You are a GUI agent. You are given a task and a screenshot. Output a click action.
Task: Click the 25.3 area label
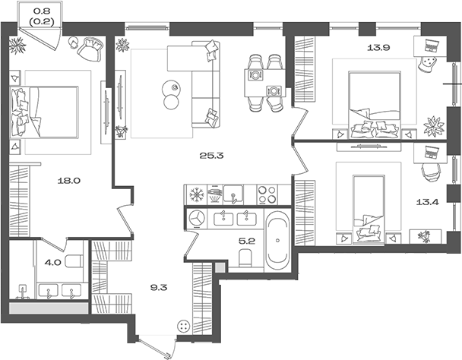(211, 155)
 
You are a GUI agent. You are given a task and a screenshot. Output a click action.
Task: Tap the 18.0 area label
(69, 181)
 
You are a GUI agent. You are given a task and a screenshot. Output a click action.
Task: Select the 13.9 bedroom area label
(378, 47)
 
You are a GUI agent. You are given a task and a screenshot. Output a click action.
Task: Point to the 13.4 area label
(428, 202)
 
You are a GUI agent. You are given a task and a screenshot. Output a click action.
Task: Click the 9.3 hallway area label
(159, 287)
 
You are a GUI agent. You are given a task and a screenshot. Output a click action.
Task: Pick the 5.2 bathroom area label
(247, 242)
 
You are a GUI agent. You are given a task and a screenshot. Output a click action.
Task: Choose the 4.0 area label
(52, 262)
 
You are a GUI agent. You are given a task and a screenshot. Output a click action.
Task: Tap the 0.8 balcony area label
(43, 11)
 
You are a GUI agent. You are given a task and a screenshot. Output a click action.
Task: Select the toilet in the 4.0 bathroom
(74, 261)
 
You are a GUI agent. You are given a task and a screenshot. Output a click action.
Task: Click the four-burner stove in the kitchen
(267, 194)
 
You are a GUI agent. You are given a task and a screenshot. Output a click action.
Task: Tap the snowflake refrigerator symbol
(195, 194)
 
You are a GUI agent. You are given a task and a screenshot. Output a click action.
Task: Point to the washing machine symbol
(196, 219)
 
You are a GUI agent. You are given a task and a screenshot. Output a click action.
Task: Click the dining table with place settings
(265, 83)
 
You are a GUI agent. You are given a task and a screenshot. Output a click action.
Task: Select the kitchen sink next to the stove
(233, 194)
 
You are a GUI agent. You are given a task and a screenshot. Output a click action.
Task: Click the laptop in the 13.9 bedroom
(432, 46)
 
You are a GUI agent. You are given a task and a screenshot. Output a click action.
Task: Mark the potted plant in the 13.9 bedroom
(433, 127)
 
